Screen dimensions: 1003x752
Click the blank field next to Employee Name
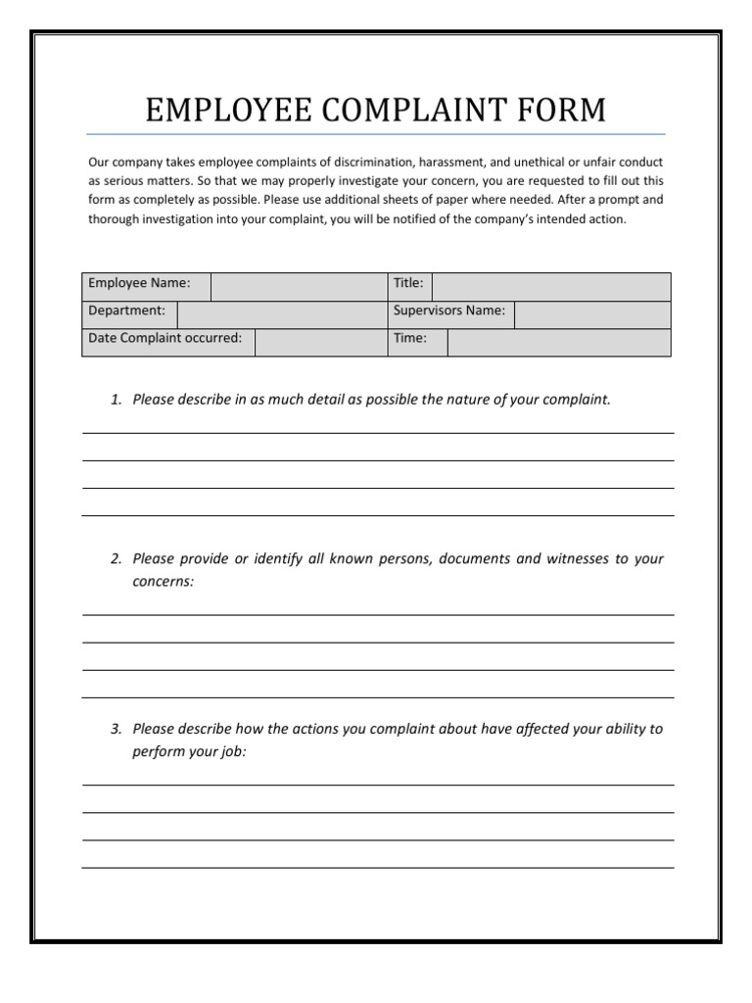[298, 286]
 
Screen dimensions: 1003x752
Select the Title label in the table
[408, 283]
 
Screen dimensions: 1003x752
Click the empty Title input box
[551, 286]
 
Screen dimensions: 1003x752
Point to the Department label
[127, 310]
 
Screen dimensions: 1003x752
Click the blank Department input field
[281, 313]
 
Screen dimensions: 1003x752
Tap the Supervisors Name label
[449, 310]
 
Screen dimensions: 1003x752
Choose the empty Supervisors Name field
[592, 313]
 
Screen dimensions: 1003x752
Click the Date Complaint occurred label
[165, 338]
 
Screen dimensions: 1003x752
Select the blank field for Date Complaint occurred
[320, 342]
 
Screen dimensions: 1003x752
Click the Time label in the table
[410, 338]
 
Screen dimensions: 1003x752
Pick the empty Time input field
[559, 342]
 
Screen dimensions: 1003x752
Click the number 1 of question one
[115, 400]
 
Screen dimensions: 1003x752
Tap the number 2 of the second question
[115, 559]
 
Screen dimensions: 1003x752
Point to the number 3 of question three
[115, 729]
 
